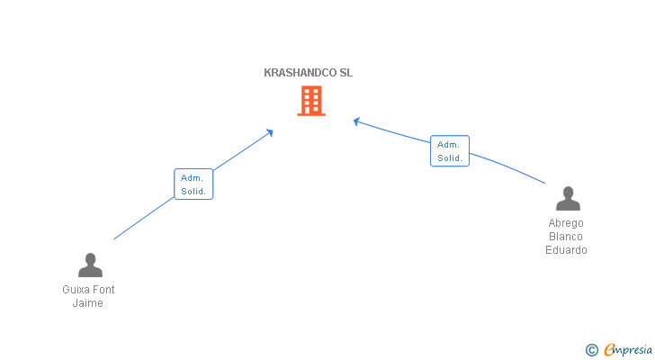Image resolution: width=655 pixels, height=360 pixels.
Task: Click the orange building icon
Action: [310, 101]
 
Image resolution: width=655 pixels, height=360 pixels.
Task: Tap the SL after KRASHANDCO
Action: [345, 73]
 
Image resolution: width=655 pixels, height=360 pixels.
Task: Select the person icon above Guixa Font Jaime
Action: [90, 265]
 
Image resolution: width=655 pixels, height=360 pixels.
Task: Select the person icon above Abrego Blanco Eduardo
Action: [568, 198]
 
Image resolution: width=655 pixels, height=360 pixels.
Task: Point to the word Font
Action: [103, 290]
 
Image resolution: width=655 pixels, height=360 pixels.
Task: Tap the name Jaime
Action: [88, 303]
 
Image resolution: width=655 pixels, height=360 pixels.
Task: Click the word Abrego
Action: [566, 223]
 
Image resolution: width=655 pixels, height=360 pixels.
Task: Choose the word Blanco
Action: [566, 237]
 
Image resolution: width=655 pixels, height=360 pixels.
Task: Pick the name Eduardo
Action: [566, 250]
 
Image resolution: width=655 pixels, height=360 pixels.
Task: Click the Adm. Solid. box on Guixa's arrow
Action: [193, 184]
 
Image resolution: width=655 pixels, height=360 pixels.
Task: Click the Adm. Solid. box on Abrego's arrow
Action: [449, 150]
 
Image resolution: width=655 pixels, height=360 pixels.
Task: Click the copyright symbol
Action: [591, 350]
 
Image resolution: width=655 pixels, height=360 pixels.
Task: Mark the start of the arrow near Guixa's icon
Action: [114, 238]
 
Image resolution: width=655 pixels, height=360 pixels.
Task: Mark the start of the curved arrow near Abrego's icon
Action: [544, 184]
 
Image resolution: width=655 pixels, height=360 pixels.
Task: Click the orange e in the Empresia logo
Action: [609, 350]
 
